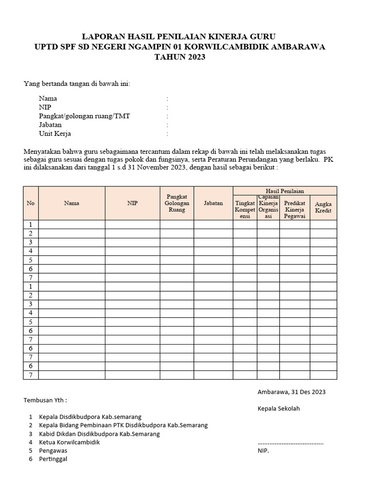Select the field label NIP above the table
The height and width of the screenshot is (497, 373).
point(45,107)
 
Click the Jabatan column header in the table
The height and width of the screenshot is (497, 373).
point(213,203)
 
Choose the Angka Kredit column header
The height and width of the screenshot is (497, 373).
point(323,207)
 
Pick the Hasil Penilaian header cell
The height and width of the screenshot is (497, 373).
point(285,191)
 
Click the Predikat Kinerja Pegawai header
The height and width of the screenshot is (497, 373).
point(294,210)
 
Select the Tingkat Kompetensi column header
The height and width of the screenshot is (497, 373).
point(245,210)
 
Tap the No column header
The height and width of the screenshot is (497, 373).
point(31,203)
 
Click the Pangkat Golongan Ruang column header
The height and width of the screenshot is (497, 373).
point(177,203)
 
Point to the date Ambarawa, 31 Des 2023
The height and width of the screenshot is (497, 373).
point(291,392)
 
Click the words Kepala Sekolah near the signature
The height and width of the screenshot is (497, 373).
point(279,408)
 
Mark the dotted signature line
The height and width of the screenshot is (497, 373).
point(290,442)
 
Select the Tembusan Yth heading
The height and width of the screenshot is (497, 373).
point(46,400)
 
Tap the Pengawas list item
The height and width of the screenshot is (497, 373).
point(53,450)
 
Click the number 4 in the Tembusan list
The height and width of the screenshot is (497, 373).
point(31,442)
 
